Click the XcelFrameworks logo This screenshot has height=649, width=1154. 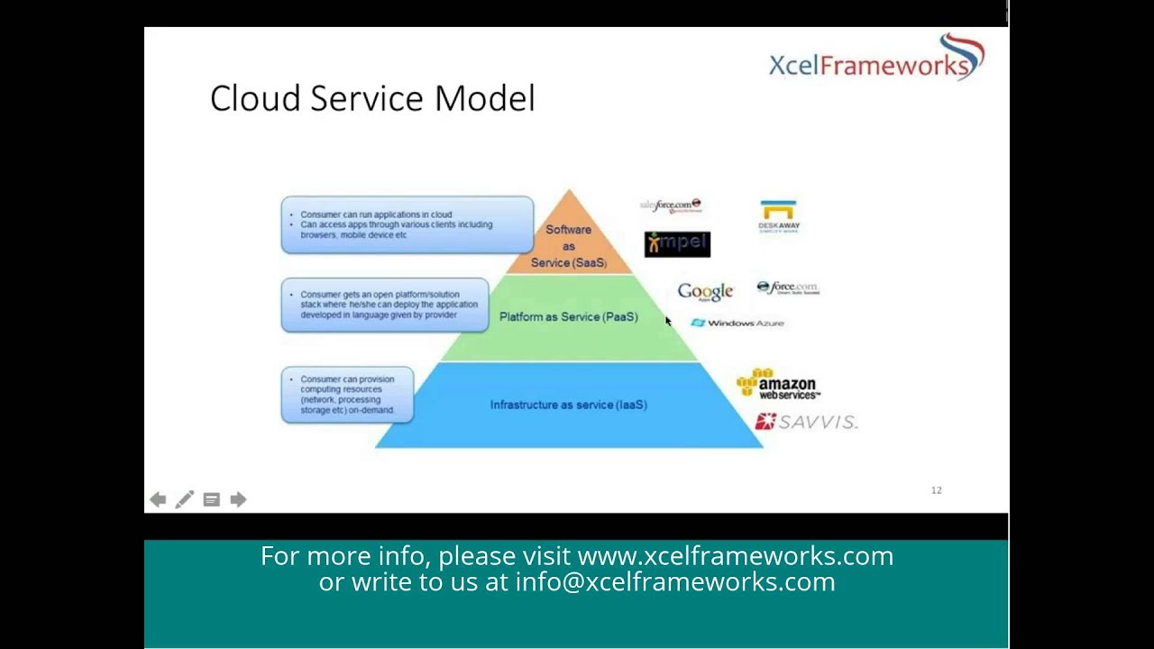(x=875, y=59)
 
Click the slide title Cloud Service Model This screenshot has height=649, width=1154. (x=372, y=98)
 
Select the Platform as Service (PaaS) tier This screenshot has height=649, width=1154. (x=568, y=317)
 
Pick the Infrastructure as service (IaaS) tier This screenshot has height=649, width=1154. (x=568, y=405)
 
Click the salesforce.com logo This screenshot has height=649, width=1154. (x=671, y=206)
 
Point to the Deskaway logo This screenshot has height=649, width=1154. (x=778, y=217)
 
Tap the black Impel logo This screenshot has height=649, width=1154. (x=677, y=243)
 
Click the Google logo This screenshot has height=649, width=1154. (x=705, y=291)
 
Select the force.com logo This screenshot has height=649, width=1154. (x=788, y=288)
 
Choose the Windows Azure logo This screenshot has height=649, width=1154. (x=737, y=323)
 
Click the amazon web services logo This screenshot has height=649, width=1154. (x=778, y=384)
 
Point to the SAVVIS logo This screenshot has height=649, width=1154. (x=806, y=422)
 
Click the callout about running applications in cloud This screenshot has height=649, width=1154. (x=407, y=224)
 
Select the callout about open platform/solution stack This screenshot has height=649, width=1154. (x=385, y=305)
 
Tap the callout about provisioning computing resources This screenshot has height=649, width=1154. (x=347, y=395)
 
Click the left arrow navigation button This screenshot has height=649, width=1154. (x=158, y=499)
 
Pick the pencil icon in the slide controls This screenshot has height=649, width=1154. (x=184, y=499)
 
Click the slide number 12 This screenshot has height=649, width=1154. (x=936, y=490)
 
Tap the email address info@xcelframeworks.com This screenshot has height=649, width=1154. (x=674, y=582)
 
